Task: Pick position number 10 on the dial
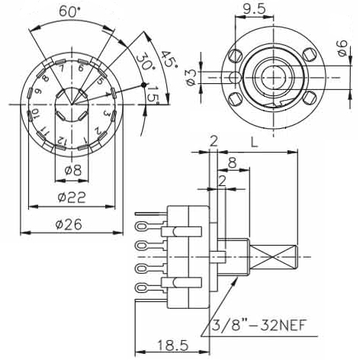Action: (34, 117)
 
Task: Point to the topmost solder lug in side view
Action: (141, 226)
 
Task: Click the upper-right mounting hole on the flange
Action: (308, 54)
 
